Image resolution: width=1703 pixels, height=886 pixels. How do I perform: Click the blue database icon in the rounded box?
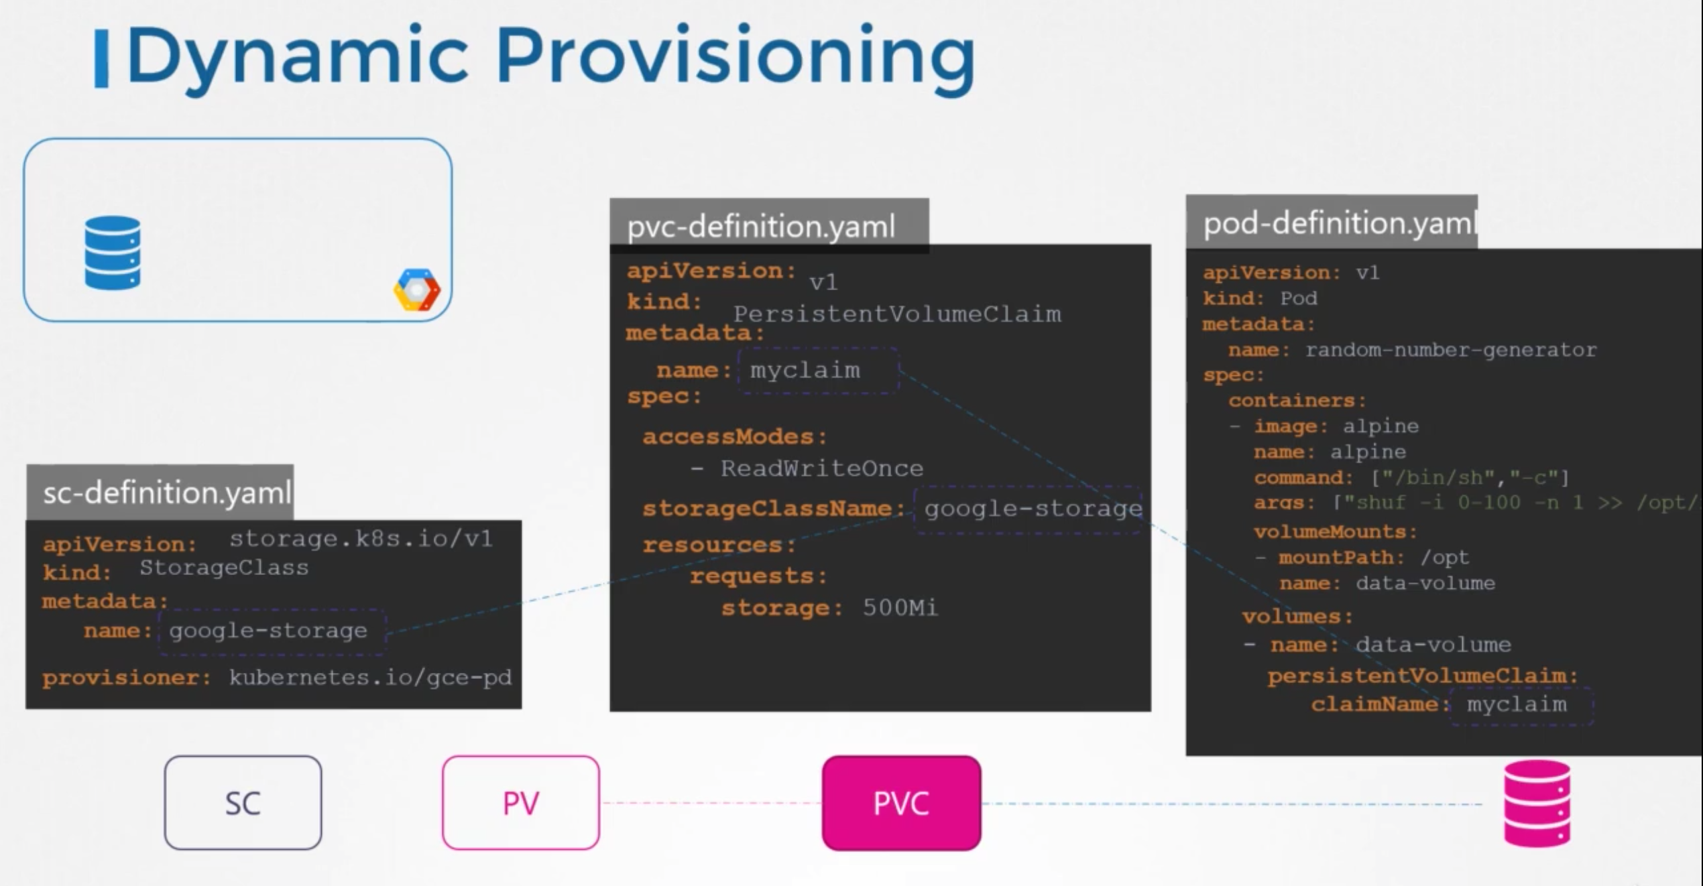tap(113, 253)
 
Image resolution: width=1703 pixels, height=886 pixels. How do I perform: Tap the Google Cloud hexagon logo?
tap(417, 290)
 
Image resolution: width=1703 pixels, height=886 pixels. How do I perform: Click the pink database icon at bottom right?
tap(1537, 804)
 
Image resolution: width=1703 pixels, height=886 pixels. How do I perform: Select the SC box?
tap(243, 803)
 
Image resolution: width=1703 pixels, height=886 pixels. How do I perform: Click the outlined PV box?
tap(521, 803)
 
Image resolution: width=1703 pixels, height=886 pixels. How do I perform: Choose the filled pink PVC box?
tap(901, 803)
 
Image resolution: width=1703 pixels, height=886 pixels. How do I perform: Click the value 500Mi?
tap(900, 607)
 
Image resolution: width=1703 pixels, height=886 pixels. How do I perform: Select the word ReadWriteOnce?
tap(822, 468)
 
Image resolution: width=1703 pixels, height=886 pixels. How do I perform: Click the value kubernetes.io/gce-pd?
tap(370, 678)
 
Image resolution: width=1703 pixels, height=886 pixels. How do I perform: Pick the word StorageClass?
tap(224, 568)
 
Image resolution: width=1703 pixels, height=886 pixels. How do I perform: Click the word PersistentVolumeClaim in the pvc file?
tap(897, 314)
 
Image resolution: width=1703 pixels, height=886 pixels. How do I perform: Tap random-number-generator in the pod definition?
tap(1451, 350)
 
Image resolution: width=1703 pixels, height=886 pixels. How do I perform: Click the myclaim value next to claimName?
tap(1517, 704)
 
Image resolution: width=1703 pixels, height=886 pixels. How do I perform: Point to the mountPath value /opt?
tap(1445, 558)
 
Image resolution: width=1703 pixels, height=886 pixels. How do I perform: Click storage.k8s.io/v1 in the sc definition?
tap(361, 539)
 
